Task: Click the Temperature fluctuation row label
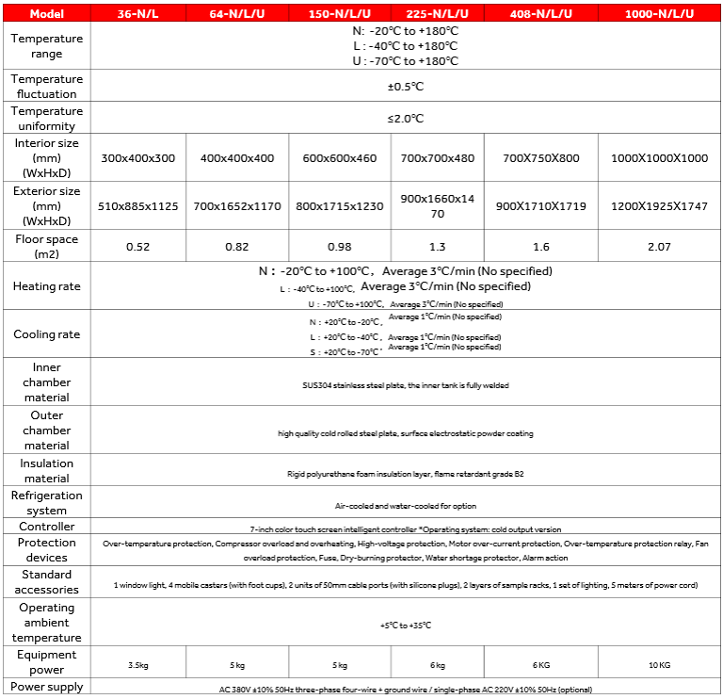coord(46,87)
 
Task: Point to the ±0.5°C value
coord(406,87)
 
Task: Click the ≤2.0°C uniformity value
coord(406,119)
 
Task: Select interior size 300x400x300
coord(138,158)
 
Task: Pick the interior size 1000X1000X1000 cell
coord(659,158)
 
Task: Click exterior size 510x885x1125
coord(138,206)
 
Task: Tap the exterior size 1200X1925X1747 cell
coord(659,206)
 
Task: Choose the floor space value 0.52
coord(138,247)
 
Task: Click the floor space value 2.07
coord(659,247)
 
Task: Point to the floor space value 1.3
coord(437,247)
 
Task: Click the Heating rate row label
coord(46,286)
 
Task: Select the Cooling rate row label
coord(46,334)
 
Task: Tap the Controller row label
coord(46,527)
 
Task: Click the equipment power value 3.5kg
coord(138,664)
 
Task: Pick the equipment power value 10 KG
coord(659,664)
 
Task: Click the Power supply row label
coord(46,687)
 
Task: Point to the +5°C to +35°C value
coord(406,625)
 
